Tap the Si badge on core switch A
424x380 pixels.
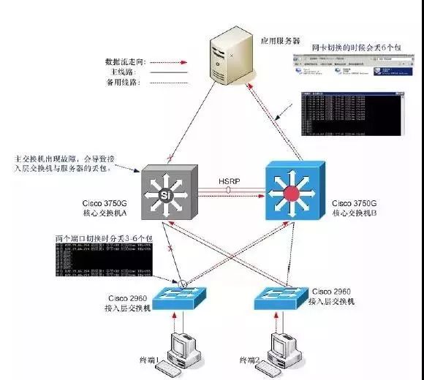click(167, 195)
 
